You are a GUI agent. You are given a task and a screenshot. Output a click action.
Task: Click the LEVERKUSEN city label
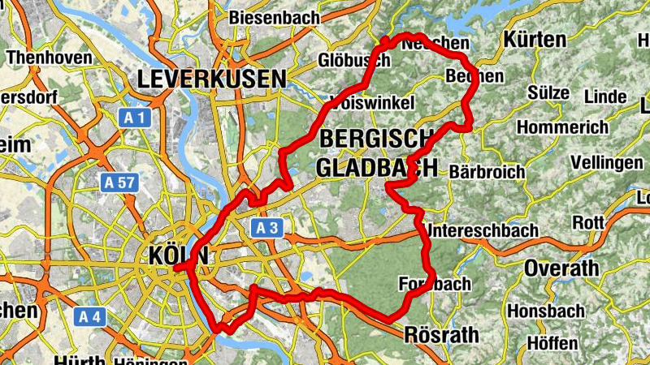[212, 79]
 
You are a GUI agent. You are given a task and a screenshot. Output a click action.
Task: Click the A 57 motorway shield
[119, 182]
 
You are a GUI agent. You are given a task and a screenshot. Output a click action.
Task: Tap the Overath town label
[561, 268]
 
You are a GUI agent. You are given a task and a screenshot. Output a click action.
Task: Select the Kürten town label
[535, 40]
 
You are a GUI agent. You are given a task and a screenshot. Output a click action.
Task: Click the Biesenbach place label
[272, 17]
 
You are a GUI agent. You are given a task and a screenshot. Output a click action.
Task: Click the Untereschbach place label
[483, 231]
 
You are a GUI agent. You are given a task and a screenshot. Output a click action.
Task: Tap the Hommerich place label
[562, 128]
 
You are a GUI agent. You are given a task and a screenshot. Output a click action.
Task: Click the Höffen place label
[552, 343]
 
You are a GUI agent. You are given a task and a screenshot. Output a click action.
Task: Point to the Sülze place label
[548, 92]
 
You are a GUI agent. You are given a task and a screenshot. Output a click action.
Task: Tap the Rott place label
[588, 222]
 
